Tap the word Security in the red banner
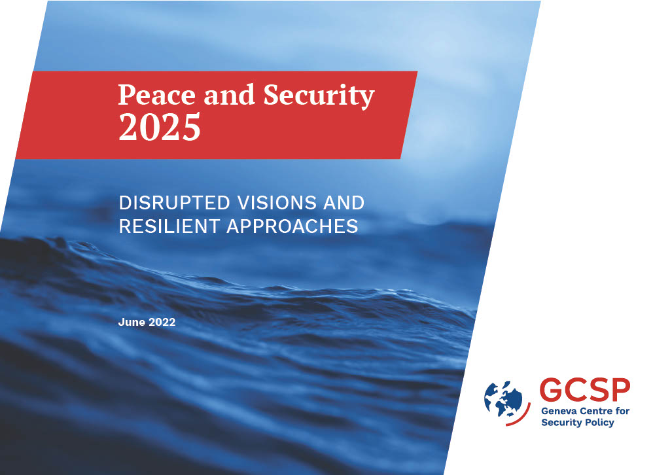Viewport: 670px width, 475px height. coord(319,96)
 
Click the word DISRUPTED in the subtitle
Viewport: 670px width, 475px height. coord(174,202)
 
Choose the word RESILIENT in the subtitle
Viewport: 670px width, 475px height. coord(169,226)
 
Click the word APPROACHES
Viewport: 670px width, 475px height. coord(292,226)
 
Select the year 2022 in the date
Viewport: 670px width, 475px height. coord(162,322)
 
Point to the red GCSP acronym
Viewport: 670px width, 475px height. coord(584,389)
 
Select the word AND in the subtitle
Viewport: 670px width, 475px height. coord(344,202)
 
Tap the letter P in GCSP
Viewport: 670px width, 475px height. coord(620,389)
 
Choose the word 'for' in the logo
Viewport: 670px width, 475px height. coord(622,411)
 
